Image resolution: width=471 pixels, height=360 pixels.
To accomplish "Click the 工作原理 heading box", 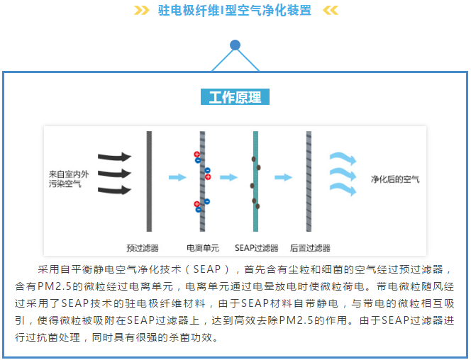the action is [235, 97].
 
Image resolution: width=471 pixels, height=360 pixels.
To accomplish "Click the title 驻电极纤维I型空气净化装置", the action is [235, 11].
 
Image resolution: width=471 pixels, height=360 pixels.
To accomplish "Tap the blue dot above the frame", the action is [235, 45].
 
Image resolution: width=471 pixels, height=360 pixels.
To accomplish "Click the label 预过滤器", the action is [143, 248].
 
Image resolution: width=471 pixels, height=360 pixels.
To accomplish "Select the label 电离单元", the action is [203, 248].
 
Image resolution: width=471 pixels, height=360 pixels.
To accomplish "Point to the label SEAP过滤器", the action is [256, 248].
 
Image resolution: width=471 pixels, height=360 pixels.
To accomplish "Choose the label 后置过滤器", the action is [310, 248].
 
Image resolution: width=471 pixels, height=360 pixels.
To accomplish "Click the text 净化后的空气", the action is [395, 179].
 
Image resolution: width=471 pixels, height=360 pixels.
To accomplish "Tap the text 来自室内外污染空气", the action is [69, 179].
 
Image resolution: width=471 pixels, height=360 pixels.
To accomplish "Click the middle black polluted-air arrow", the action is [115, 174].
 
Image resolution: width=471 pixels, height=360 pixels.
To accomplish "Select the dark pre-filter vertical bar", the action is [149, 181].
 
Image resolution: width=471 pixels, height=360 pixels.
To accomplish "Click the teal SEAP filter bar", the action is [255, 181].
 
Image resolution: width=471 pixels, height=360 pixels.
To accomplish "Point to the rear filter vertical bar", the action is [309, 181].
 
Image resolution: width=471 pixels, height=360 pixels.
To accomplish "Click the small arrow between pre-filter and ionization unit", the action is [177, 177].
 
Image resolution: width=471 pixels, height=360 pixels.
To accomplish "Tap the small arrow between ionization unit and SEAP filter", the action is [228, 177].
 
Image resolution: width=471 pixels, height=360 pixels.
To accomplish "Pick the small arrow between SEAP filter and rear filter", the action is [283, 177].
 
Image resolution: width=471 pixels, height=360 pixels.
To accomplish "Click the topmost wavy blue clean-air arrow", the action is [343, 158].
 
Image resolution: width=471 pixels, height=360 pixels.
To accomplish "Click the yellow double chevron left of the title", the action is [141, 11].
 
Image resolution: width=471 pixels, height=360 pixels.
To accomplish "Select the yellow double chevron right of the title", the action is [331, 11].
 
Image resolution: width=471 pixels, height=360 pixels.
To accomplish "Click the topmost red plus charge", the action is [196, 154].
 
